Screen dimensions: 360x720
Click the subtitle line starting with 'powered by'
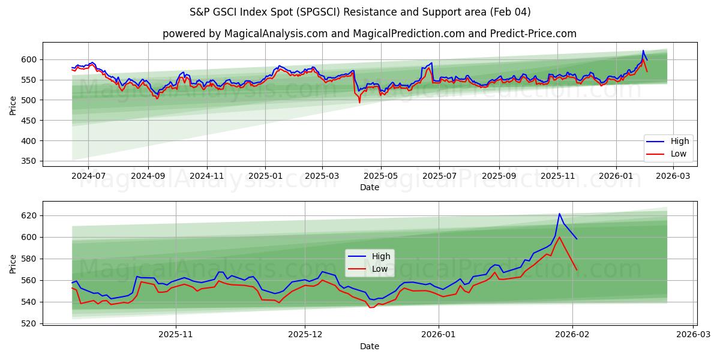tap(369, 34)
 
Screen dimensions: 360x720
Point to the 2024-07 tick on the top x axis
tap(88, 177)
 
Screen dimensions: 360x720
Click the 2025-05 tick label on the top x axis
tap(380, 177)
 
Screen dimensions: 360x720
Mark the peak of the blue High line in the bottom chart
tap(559, 214)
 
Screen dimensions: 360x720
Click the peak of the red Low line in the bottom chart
tap(559, 237)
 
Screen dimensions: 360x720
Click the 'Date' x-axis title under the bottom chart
tap(369, 346)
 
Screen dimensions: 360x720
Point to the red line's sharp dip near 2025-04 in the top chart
tap(360, 103)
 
